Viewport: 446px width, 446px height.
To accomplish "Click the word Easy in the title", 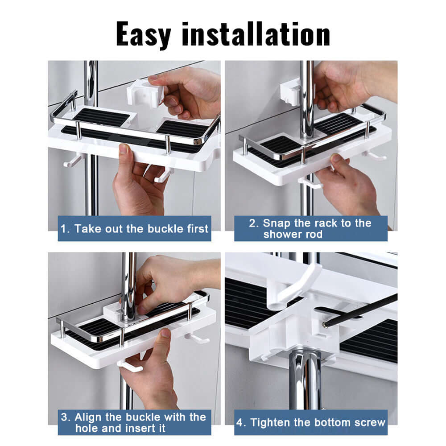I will point(145,34).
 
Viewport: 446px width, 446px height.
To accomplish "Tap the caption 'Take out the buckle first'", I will point(134,229).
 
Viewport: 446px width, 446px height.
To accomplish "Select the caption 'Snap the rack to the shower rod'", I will point(310,228).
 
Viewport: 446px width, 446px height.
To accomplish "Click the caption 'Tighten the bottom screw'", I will point(311,422).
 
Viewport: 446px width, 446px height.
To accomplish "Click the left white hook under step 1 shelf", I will point(73,160).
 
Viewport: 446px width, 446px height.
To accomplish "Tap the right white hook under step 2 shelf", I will point(374,155).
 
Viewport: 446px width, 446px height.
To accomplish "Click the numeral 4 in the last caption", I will point(241,422).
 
